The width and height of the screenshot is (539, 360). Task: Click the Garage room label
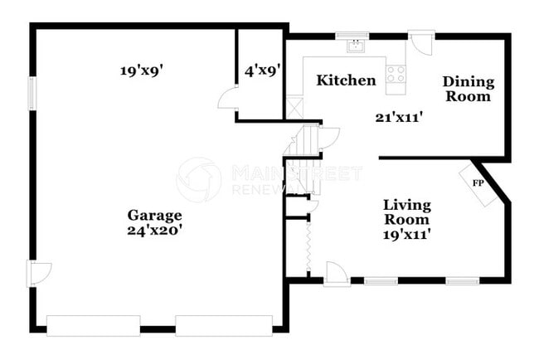click(x=154, y=215)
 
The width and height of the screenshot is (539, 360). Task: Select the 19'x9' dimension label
click(x=141, y=71)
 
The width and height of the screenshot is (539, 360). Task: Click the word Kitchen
click(x=346, y=80)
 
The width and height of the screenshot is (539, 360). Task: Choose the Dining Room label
click(x=468, y=89)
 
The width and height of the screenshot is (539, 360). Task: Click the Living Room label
click(x=406, y=212)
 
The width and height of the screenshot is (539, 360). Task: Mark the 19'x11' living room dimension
click(x=406, y=234)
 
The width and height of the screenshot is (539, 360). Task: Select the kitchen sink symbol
click(x=357, y=46)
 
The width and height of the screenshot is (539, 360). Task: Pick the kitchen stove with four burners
click(x=396, y=73)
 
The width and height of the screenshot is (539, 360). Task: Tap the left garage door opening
click(x=93, y=325)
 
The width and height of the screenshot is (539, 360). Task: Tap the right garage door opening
click(x=224, y=325)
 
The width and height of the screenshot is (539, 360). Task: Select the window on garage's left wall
click(x=33, y=92)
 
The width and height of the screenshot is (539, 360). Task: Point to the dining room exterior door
click(x=423, y=42)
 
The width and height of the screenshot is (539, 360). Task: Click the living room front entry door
click(x=336, y=275)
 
